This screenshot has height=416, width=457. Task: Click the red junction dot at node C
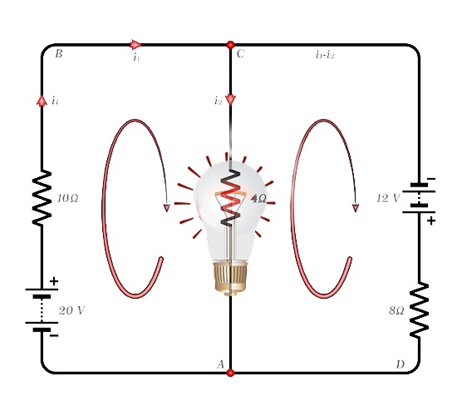[230, 45]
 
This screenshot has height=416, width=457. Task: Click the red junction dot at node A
[230, 373]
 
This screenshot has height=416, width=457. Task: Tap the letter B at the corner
[59, 54]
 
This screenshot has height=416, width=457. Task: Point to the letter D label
[400, 364]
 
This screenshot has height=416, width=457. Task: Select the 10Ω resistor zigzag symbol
[42, 198]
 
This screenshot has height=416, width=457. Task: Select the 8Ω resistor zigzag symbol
[419, 310]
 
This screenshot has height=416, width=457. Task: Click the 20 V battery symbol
[42, 310]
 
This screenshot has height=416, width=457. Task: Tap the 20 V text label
[71, 310]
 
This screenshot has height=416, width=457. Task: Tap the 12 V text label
[388, 198]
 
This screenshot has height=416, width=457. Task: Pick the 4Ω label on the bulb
[258, 199]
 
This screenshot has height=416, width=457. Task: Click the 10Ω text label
[67, 199]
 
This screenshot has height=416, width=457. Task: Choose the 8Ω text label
[396, 310]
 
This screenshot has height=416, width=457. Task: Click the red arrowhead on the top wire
[135, 45]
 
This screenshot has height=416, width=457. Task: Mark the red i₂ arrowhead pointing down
[230, 100]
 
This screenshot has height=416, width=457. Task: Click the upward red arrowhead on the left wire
[42, 100]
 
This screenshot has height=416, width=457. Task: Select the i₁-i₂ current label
[325, 54]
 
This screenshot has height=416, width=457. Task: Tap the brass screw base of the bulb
[230, 277]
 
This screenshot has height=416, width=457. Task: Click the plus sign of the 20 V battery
[54, 281]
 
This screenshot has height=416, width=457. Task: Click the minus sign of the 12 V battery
[431, 179]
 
